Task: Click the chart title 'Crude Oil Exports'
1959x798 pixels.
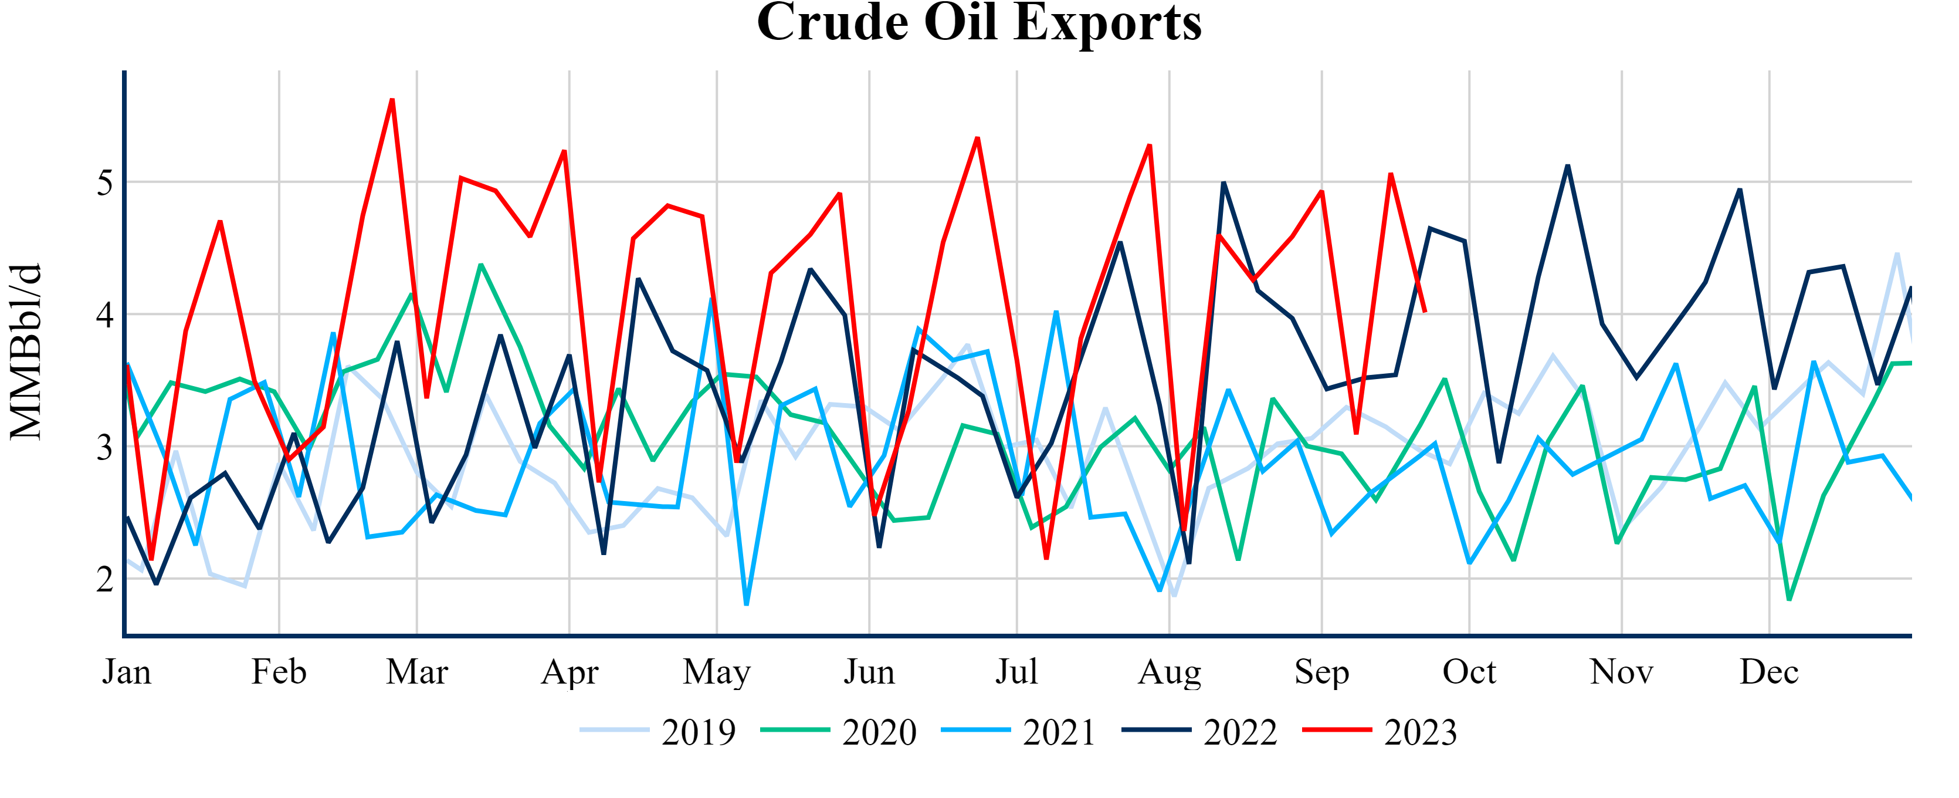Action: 979,23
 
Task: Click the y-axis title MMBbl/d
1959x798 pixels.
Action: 26,351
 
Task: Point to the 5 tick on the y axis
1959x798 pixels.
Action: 105,182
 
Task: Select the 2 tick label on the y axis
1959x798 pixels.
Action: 105,580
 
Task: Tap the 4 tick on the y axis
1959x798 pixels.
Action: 105,314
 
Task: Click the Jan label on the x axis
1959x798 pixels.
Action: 127,672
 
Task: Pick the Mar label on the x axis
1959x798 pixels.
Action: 417,672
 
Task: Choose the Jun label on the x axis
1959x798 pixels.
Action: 869,672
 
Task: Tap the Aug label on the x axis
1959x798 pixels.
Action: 1169,672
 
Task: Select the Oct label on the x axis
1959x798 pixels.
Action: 1469,672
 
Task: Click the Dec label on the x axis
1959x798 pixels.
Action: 1769,672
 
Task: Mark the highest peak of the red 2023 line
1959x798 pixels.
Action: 392,100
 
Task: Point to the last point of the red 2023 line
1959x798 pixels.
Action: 1425,311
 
